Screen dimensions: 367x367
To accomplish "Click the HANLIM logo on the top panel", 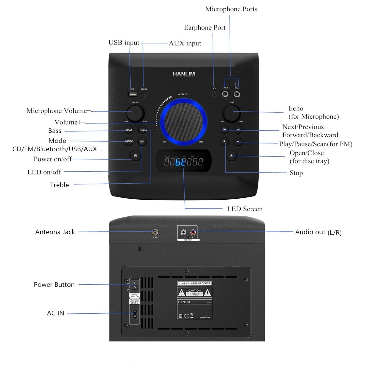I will (x=184, y=74).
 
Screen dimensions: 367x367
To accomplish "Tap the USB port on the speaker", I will (x=132, y=94).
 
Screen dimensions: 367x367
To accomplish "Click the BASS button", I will (x=129, y=130).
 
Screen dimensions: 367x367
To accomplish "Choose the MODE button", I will (x=129, y=141).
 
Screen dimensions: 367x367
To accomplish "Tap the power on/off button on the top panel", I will (x=135, y=156).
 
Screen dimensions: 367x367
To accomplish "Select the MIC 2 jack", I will (x=237, y=94).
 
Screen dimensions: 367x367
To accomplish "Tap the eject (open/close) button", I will (x=231, y=155).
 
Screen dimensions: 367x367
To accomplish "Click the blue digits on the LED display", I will (x=181, y=162).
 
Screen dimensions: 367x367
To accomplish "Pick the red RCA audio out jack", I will (x=193, y=232).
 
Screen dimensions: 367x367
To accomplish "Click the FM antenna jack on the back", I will (x=155, y=232).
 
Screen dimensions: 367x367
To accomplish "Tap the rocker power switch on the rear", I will (x=135, y=285).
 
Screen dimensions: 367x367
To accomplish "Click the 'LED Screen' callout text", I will (x=245, y=209).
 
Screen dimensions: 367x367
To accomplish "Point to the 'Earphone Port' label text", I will (x=205, y=27).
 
